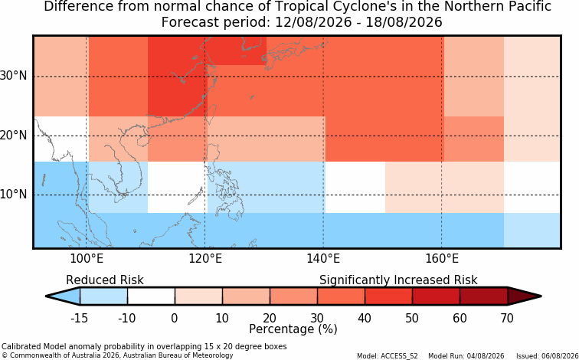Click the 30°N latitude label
pos(14,76)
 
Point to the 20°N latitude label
pos(14,136)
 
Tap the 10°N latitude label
pos(14,195)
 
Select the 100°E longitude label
pos(87,259)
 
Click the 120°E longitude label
pos(205,259)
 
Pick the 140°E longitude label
pos(323,259)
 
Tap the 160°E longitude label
pos(442,259)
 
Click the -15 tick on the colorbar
pos(79,318)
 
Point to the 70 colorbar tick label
pos(507,318)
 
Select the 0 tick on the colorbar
pos(175,318)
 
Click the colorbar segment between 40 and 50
pos(388,296)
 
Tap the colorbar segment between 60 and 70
pos(484,296)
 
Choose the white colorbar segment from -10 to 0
pos(151,296)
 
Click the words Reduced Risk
pos(105,280)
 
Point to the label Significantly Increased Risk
pos(398,280)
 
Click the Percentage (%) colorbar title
pos(293,329)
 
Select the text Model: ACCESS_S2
pos(388,356)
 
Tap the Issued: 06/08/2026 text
pos(548,356)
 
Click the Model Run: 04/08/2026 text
pos(466,356)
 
